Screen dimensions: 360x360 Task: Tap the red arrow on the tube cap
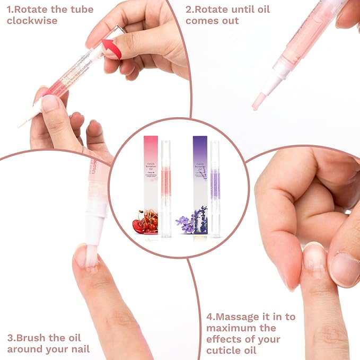tap(111, 49)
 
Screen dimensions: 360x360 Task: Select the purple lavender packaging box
tap(200, 183)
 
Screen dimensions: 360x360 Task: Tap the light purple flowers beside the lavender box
tap(184, 223)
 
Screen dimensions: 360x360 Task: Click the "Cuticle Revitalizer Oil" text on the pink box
tap(151, 168)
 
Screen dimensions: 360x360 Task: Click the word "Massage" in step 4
tap(236, 316)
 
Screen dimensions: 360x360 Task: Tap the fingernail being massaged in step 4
tap(314, 259)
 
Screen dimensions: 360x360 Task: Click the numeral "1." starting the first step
tap(11, 10)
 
